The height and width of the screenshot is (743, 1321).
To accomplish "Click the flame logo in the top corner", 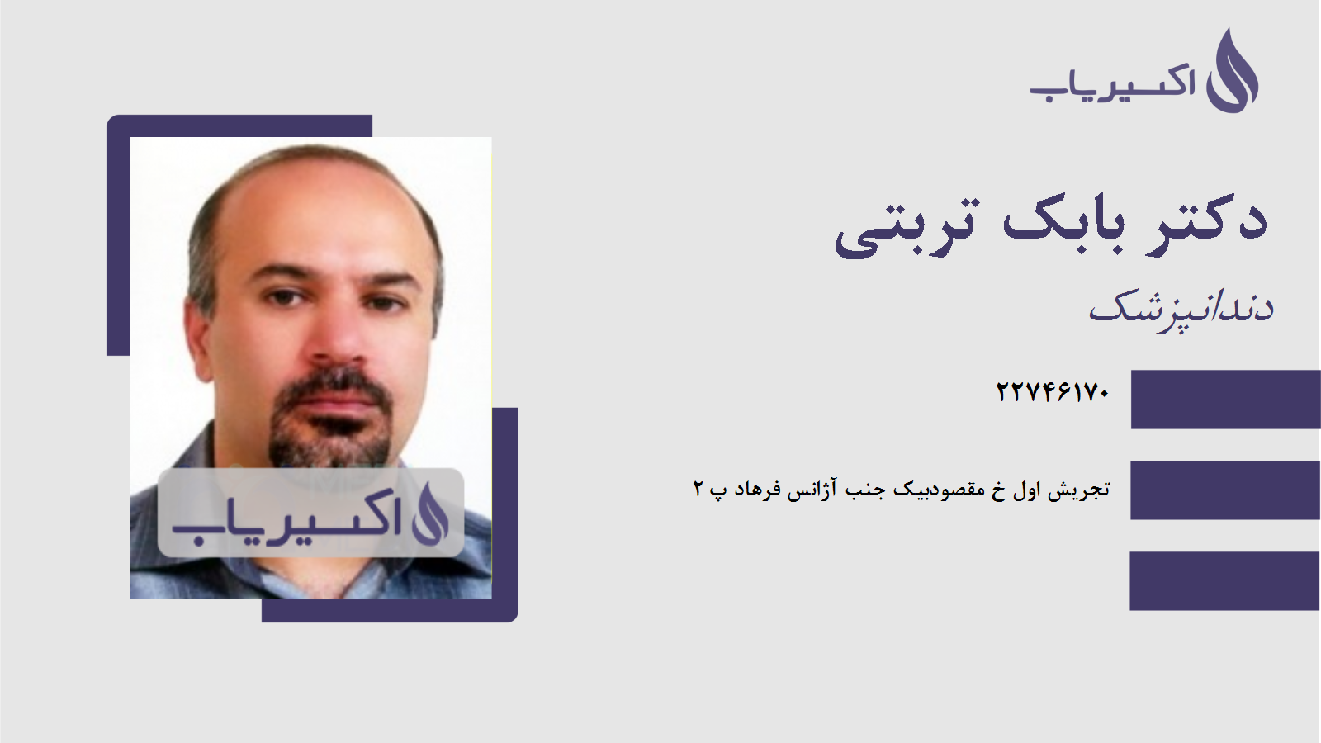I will [x=1233, y=73].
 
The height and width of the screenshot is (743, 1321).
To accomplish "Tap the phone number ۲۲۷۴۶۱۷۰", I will [x=1053, y=391].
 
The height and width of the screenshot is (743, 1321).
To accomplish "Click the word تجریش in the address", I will [x=1079, y=490].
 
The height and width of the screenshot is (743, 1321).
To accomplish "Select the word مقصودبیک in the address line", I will [x=940, y=490].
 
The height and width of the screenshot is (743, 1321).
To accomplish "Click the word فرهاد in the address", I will [x=757, y=490].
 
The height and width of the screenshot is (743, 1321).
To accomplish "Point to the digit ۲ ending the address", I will [x=698, y=490].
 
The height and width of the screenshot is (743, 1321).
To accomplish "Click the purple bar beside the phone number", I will [x=1225, y=400].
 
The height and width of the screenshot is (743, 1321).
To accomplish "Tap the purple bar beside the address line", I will [x=1225, y=490].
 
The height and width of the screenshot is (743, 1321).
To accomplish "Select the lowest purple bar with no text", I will [x=1225, y=580].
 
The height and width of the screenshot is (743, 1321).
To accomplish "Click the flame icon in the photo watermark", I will [x=429, y=514].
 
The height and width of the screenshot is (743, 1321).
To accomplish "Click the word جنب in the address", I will [x=864, y=490].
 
